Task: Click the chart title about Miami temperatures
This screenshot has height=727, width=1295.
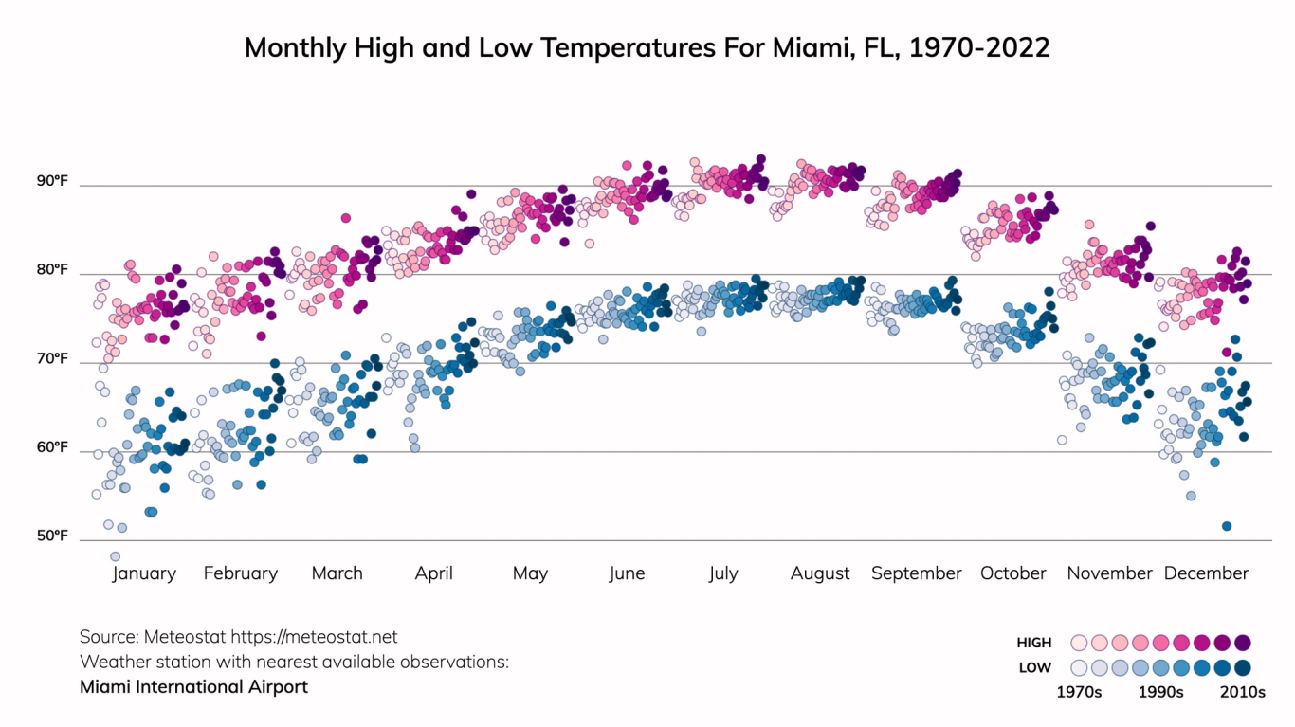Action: (647, 48)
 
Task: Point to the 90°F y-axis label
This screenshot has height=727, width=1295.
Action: (53, 180)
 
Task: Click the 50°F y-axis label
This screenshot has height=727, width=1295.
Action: (53, 536)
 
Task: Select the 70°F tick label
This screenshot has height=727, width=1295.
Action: (53, 358)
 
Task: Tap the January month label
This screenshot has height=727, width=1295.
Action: (144, 573)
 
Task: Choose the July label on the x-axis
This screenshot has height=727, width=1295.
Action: (722, 573)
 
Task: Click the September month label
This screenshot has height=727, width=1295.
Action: (916, 573)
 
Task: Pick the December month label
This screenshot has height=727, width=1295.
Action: (1206, 573)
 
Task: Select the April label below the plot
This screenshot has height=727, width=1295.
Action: (433, 573)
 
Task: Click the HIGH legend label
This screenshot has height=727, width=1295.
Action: (1034, 643)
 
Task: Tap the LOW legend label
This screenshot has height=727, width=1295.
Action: (1035, 667)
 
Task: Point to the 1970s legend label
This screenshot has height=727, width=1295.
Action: (1079, 692)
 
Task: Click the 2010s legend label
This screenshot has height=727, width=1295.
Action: (1242, 692)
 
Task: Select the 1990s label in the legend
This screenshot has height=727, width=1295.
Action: (1160, 692)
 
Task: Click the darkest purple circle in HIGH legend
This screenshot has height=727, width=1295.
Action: (1243, 643)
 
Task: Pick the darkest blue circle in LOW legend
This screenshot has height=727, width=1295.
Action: (1243, 667)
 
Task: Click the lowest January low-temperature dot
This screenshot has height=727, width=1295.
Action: (116, 556)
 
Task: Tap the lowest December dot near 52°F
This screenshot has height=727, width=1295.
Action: (1227, 526)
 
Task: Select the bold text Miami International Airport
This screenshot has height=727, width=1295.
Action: (193, 686)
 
